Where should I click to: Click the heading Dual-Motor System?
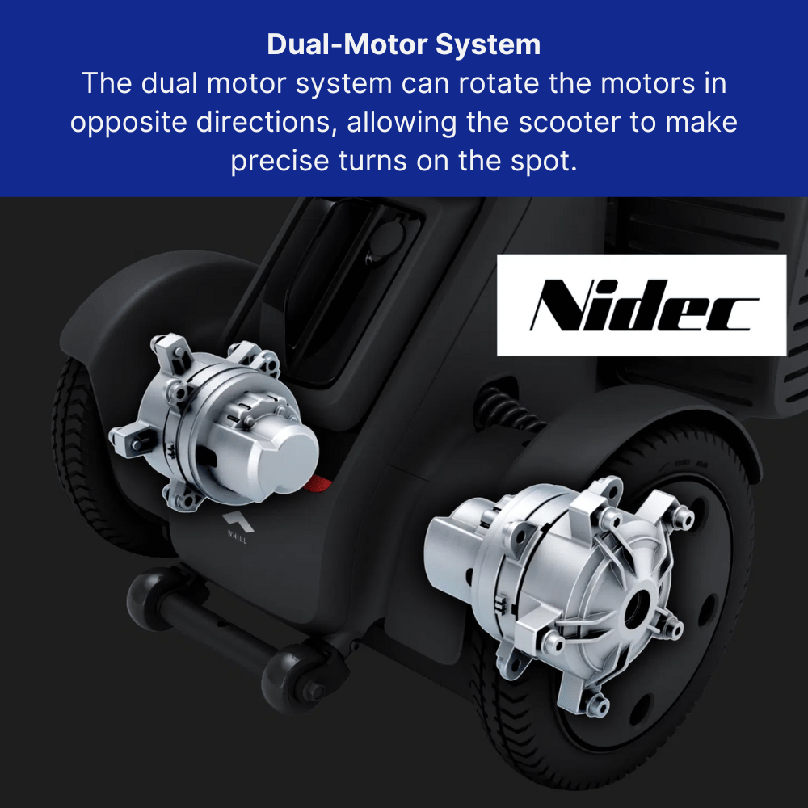[x=404, y=44]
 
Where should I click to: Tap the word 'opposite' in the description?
[x=128, y=123]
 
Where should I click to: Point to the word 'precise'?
[x=280, y=161]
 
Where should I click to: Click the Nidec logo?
[x=642, y=305]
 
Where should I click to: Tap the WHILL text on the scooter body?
[x=237, y=537]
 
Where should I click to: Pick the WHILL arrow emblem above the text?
[x=238, y=521]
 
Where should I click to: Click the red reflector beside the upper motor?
[x=318, y=484]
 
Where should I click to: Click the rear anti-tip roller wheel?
[x=149, y=598]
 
